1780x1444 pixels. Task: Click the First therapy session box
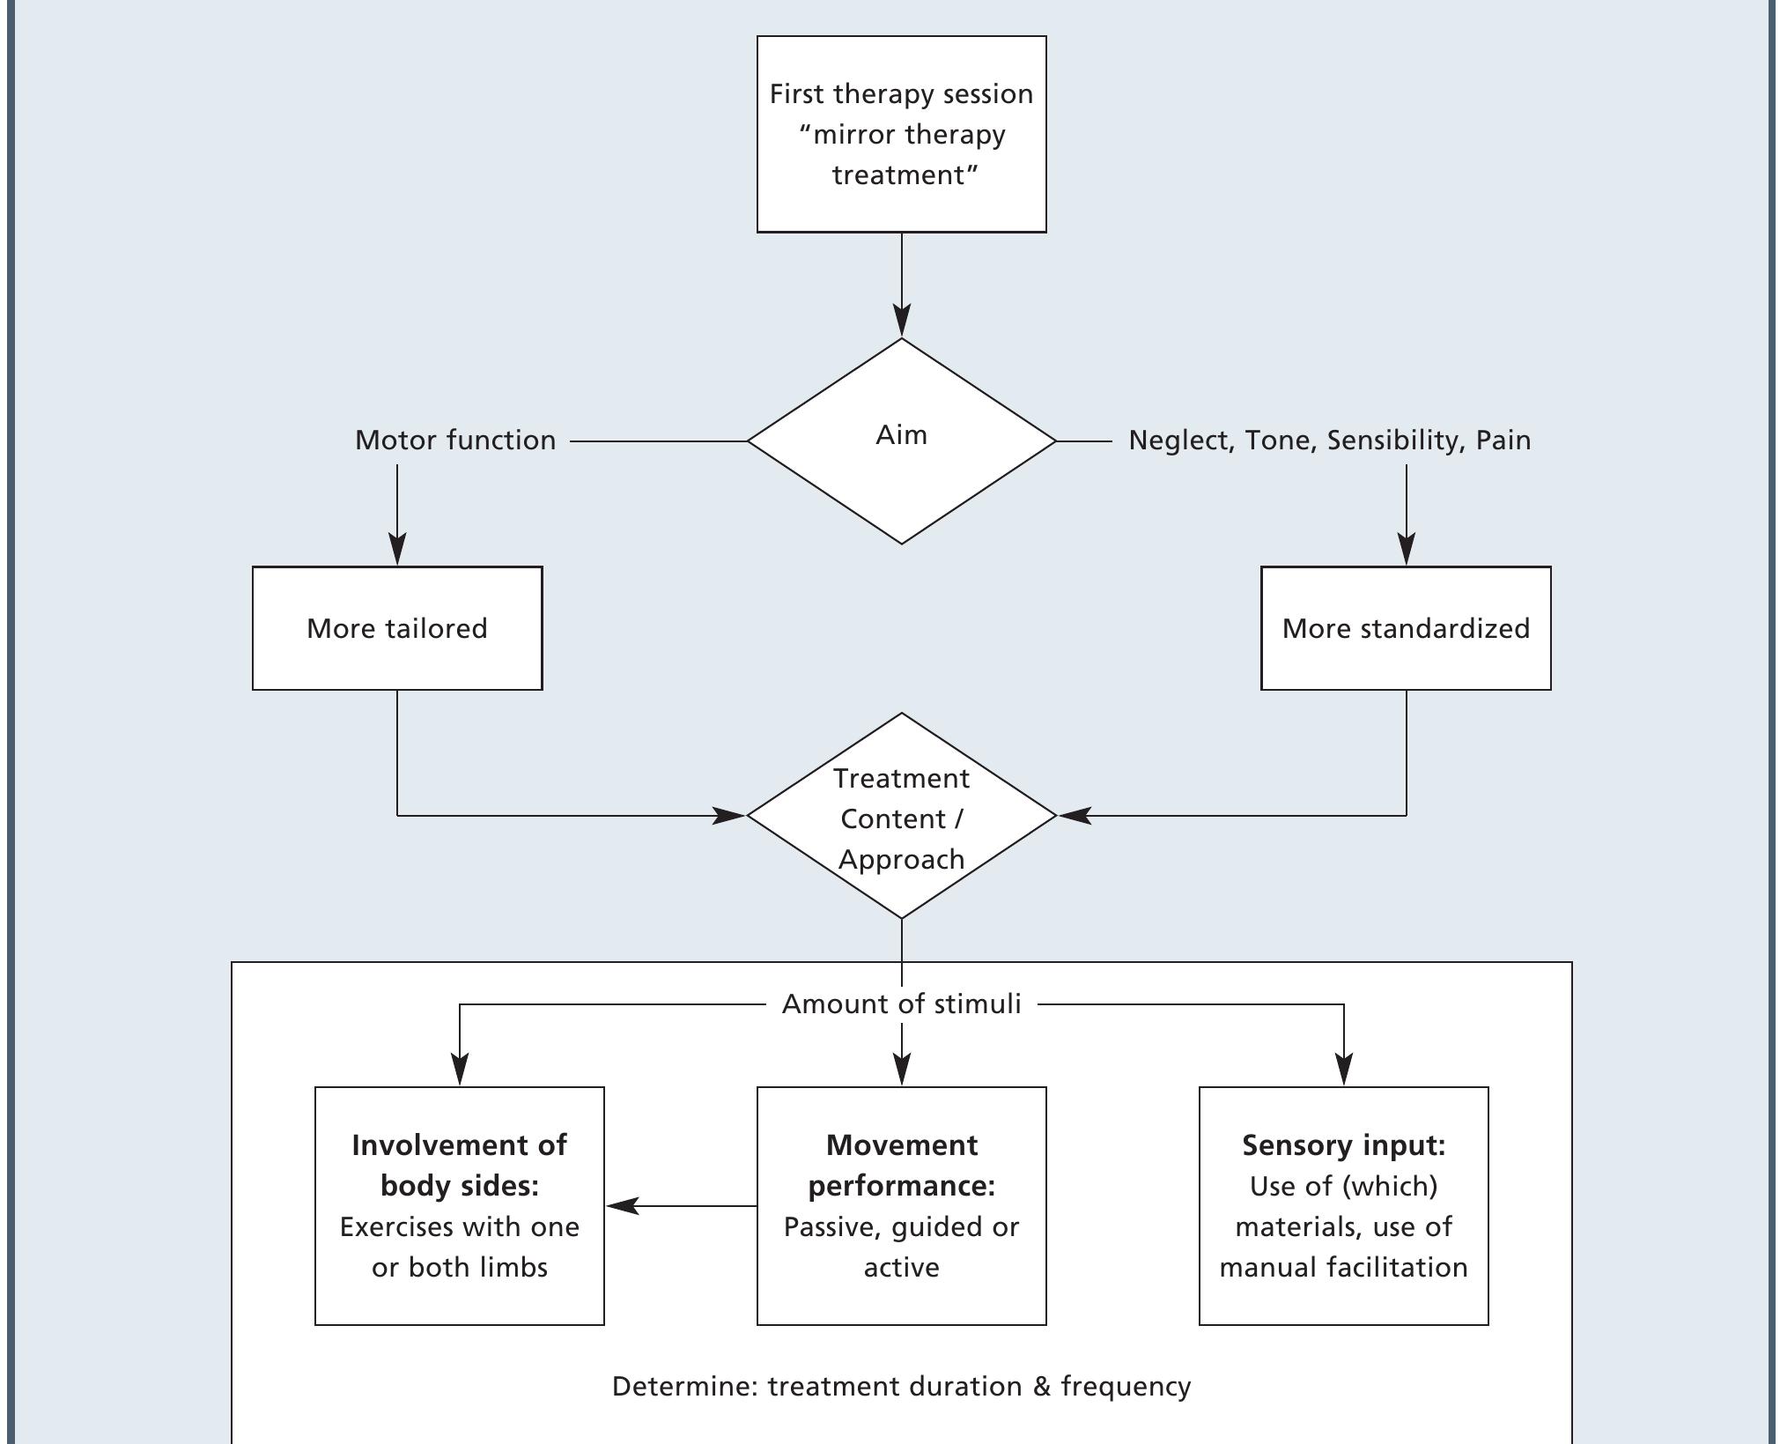click(901, 134)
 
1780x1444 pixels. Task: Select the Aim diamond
click(901, 441)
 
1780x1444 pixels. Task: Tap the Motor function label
click(455, 441)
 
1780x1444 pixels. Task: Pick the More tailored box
click(397, 628)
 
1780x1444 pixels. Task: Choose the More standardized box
click(1406, 628)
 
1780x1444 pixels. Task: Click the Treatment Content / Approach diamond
click(901, 817)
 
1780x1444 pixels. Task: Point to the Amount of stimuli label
click(901, 1004)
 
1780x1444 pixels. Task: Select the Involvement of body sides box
click(460, 1205)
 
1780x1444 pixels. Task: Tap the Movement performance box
click(901, 1205)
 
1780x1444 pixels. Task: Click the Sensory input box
click(1343, 1205)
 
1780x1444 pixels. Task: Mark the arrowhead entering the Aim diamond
click(901, 321)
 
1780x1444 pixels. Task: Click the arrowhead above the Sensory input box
click(1343, 1070)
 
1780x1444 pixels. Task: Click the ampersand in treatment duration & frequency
click(1042, 1387)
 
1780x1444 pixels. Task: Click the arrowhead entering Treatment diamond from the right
click(1075, 816)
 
